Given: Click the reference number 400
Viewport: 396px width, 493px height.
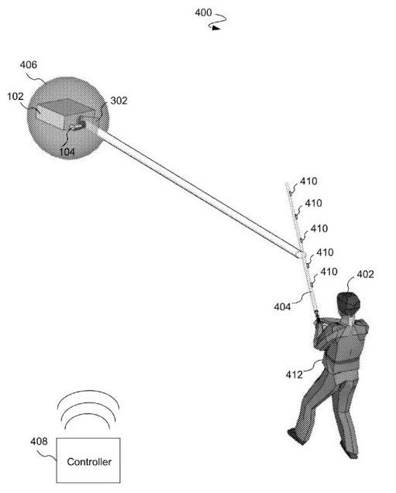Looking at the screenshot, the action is tap(203, 13).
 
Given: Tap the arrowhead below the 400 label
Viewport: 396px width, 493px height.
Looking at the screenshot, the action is tap(215, 28).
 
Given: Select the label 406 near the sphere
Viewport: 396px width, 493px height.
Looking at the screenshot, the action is tap(29, 65).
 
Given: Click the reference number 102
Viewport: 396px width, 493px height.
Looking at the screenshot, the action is tap(15, 97).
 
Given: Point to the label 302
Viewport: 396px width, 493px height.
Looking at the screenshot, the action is tap(119, 101).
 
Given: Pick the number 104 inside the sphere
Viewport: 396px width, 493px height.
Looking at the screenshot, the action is tap(67, 152).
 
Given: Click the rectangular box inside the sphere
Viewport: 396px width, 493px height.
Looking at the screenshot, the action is tap(65, 114).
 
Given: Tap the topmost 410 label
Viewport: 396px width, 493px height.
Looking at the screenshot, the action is tap(308, 181).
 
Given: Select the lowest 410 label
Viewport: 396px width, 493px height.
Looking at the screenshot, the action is tap(329, 272).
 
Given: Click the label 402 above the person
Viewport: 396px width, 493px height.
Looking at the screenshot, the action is tap(366, 275).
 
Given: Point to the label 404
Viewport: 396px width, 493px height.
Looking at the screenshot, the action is tap(282, 306).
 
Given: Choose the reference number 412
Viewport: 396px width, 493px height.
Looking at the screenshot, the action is tap(294, 375).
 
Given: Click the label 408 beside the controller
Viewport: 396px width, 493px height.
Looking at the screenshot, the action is tap(39, 441).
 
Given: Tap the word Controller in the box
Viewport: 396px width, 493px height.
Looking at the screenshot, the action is tap(89, 462).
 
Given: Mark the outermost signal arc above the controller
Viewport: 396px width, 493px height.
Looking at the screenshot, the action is tap(88, 392).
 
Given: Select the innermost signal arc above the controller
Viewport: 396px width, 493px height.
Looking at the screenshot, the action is tap(88, 416).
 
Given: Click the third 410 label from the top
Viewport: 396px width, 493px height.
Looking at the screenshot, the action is tap(319, 228).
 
